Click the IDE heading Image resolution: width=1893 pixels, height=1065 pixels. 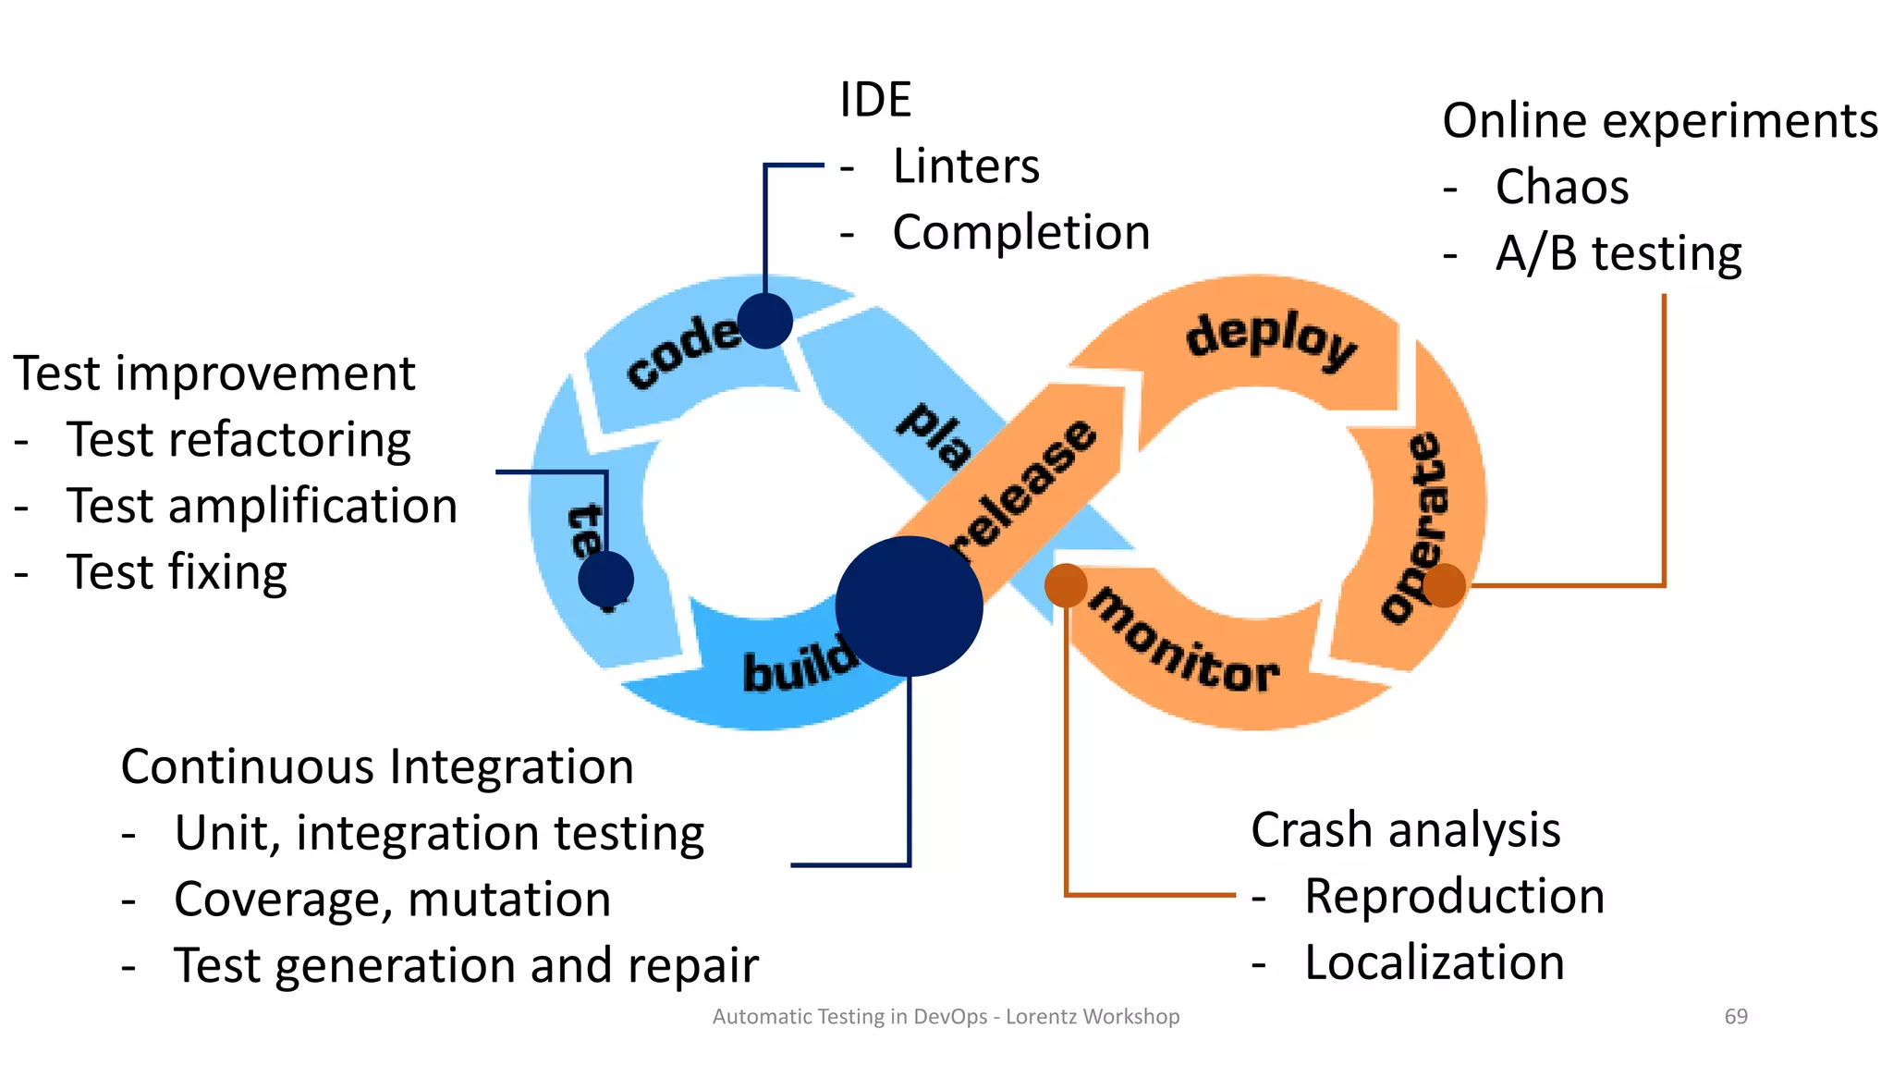coord(874,100)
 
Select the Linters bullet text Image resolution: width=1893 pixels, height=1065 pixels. coord(965,166)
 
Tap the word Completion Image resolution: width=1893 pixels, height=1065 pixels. coord(1020,232)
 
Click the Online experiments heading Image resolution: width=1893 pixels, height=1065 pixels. coord(1659,121)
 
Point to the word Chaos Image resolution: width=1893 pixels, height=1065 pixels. coord(1561,188)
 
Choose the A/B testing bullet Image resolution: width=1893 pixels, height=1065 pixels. coord(1618,253)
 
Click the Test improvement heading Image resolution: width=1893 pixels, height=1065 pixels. coord(214,373)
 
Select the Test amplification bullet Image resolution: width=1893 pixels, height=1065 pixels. coord(262,507)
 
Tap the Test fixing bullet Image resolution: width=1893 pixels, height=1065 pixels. coord(177,572)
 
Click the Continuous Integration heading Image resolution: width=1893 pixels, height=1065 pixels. coord(377,767)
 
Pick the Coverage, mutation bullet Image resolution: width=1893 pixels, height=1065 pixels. coord(392,900)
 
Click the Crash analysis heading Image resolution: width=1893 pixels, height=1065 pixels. coord(1405,830)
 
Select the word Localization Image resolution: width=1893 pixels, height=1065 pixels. coord(1434,963)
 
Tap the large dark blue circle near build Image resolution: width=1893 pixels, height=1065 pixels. coord(909,606)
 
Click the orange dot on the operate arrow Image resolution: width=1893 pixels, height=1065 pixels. coord(1444,585)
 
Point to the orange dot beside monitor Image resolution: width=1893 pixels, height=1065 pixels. coord(1065,585)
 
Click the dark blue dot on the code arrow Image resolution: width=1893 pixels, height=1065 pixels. coord(765,321)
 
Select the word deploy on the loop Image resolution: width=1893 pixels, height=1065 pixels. coord(1271,339)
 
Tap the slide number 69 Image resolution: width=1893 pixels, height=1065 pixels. coord(1735,1017)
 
